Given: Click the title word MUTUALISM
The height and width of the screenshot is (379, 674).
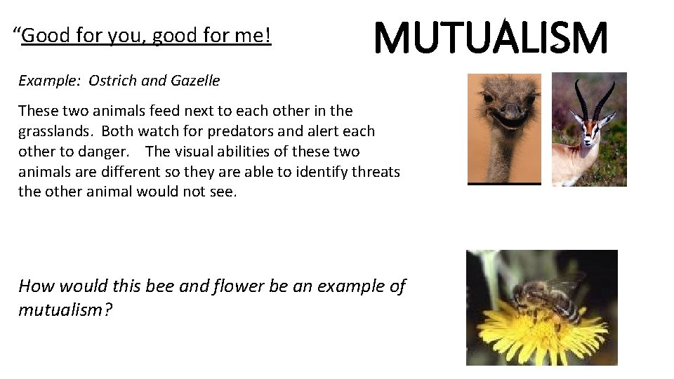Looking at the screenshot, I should tap(490, 39).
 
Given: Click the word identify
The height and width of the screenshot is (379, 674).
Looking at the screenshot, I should tap(319, 171).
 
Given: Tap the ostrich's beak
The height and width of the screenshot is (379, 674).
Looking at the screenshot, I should tap(511, 112).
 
